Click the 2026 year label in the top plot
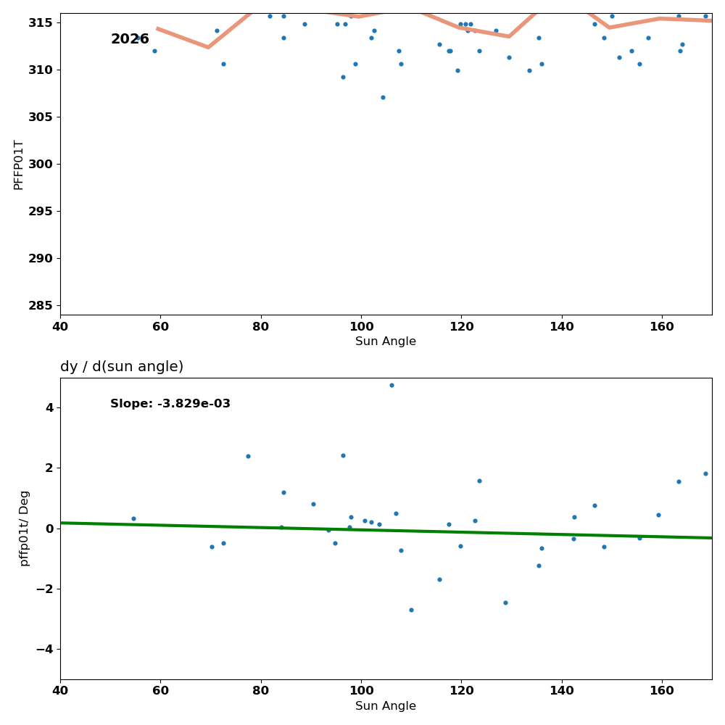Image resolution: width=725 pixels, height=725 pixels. pos(130,39)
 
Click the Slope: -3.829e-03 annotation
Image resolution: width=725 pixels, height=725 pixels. pos(170,404)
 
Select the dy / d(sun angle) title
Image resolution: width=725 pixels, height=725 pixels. pos(122,367)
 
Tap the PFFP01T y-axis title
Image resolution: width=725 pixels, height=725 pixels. pos(19,165)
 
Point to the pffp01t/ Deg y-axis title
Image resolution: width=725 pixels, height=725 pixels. pos(25,528)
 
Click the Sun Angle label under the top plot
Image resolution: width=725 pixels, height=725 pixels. pos(386,341)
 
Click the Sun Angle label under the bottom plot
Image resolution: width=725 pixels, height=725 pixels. pos(386,706)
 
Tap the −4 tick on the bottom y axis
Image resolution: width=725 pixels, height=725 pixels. pos(43,649)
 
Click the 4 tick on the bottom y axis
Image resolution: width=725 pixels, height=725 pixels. pos(49,407)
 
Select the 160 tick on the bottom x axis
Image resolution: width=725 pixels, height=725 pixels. pos(662,689)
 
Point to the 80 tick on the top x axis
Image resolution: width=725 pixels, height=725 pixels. pos(261,325)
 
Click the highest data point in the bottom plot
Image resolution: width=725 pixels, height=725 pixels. pos(391,385)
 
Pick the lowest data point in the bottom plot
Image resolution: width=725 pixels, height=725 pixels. pos(411,610)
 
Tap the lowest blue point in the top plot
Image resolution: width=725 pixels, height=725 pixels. pos(383,97)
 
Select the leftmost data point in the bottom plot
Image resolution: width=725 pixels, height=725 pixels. pos(133,518)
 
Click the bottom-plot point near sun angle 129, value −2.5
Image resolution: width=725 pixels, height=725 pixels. pos(505,602)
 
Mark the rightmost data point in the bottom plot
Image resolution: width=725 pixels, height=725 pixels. pos(705,473)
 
